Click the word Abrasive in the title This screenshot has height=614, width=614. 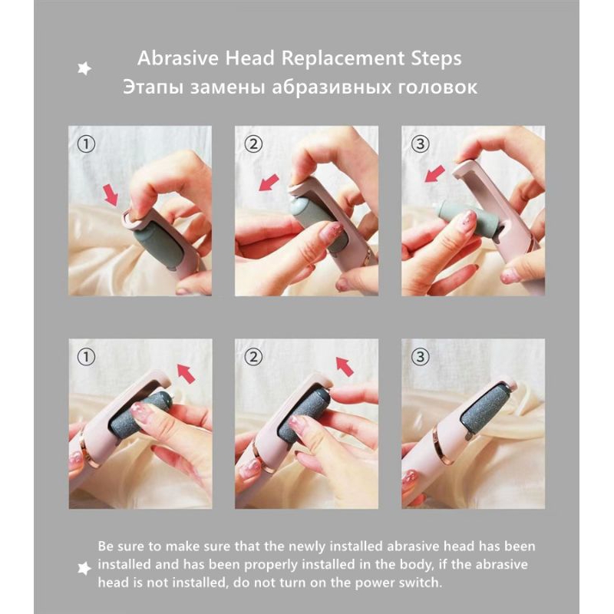[x=178, y=58]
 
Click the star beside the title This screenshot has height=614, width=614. [x=84, y=68]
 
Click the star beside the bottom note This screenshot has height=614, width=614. [x=84, y=569]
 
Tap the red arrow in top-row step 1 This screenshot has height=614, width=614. [x=111, y=196]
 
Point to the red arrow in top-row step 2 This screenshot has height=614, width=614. [x=269, y=183]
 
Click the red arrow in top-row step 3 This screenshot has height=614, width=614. [x=434, y=173]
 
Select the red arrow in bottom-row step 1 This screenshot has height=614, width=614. [x=186, y=373]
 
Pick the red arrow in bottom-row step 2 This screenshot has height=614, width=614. [x=345, y=367]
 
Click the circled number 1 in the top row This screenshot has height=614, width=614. [x=87, y=144]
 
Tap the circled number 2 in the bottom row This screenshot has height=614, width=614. [x=253, y=357]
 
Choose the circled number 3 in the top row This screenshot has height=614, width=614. [x=420, y=144]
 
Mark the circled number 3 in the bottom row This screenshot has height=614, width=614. [x=420, y=357]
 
